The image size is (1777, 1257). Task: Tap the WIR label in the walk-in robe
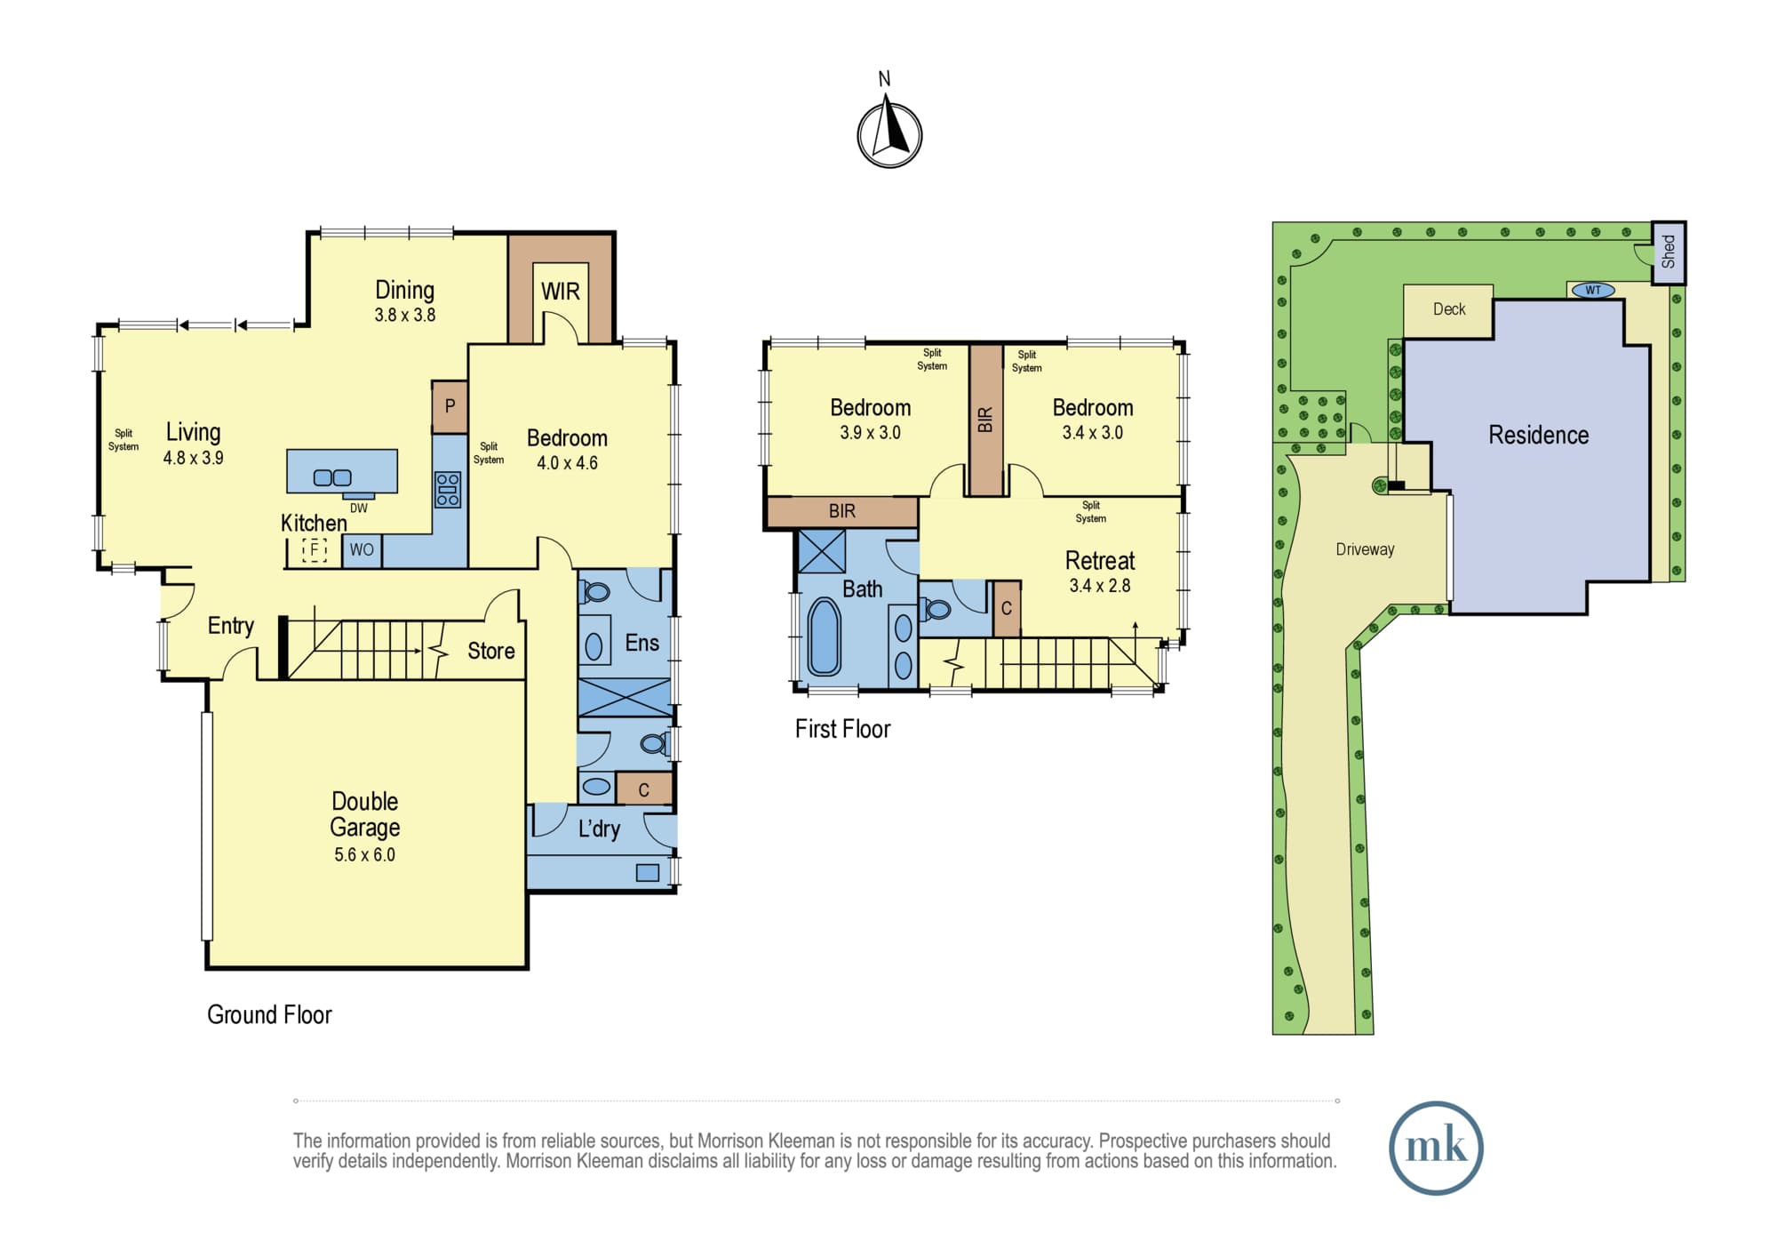[x=560, y=292]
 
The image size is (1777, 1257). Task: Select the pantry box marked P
[x=450, y=407]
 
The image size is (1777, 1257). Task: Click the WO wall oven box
[x=362, y=550]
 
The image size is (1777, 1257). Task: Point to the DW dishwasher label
[x=358, y=508]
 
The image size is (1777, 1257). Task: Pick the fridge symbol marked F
[x=315, y=549]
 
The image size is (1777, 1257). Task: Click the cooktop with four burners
[x=448, y=490]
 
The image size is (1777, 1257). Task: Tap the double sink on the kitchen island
[x=332, y=478]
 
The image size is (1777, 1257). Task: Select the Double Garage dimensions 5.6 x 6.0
[x=364, y=855]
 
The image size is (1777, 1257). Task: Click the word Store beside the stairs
[x=491, y=651]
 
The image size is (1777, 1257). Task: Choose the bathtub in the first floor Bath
[x=824, y=637]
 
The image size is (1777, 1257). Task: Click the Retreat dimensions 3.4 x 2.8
[x=1100, y=586]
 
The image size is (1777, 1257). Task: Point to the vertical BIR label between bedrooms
[x=984, y=419]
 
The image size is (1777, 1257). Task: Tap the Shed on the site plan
[x=1669, y=252]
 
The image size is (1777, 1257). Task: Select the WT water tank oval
[x=1593, y=290]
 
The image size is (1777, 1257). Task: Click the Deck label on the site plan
[x=1449, y=309]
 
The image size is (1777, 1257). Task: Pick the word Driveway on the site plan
[x=1365, y=549]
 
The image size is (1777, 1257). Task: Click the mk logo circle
[x=1436, y=1148]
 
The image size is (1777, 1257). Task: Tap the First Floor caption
[x=842, y=729]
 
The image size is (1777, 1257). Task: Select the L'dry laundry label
[x=599, y=829]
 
